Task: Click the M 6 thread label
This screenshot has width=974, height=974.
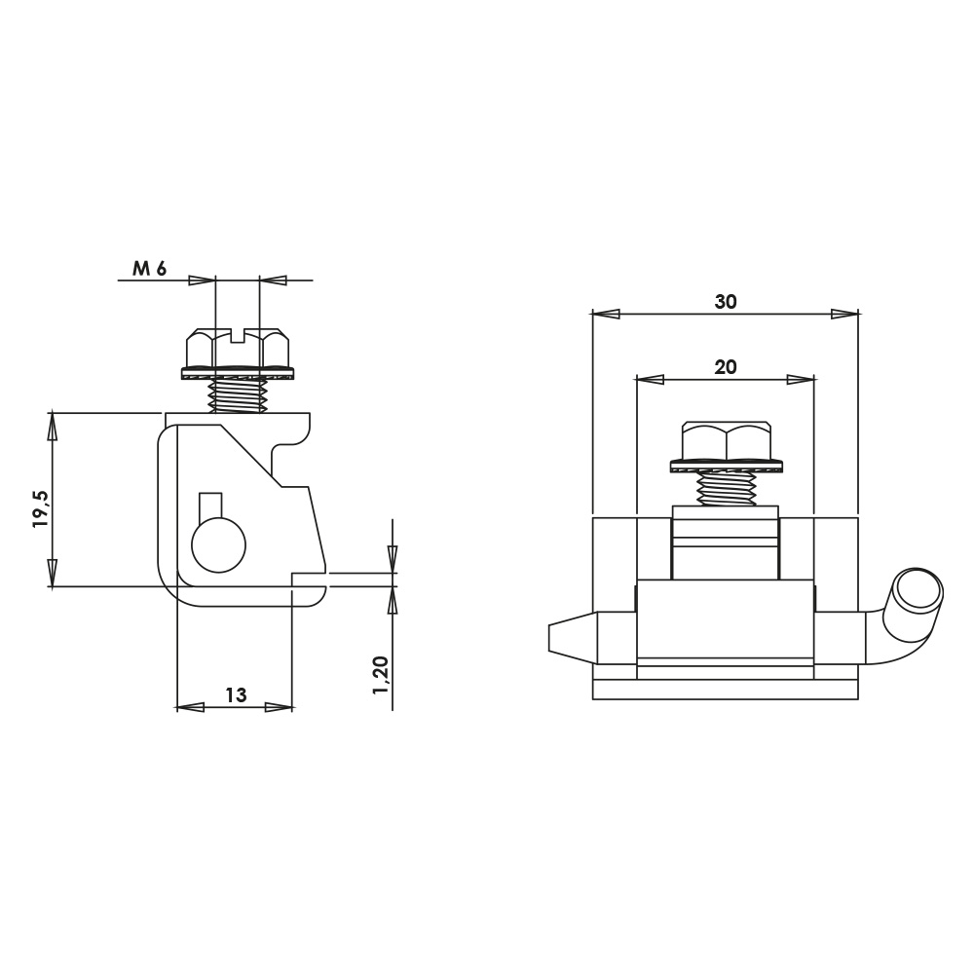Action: tap(150, 269)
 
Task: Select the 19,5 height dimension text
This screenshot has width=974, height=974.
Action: tap(41, 508)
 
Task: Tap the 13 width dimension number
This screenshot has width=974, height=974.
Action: tap(236, 694)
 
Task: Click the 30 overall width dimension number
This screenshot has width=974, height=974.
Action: tap(726, 302)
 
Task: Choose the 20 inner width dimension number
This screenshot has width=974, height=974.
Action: tap(726, 367)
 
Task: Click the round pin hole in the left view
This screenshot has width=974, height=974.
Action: tap(218, 545)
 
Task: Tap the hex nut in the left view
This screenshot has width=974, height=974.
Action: tap(238, 349)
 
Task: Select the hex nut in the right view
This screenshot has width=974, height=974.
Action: tap(727, 441)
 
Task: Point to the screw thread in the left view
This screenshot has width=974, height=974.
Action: tap(238, 395)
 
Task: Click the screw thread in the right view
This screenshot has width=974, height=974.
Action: tap(727, 488)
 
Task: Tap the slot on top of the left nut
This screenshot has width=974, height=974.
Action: tap(238, 335)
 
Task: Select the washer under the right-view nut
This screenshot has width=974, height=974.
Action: tap(727, 466)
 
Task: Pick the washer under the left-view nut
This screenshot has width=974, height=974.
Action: tap(238, 374)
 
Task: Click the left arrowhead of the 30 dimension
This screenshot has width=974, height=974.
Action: tap(606, 315)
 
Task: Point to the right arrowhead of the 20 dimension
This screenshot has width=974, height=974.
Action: tap(801, 380)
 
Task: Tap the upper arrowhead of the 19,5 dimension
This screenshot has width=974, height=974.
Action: tap(53, 426)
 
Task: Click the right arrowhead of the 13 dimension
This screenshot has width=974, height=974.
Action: tap(279, 707)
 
